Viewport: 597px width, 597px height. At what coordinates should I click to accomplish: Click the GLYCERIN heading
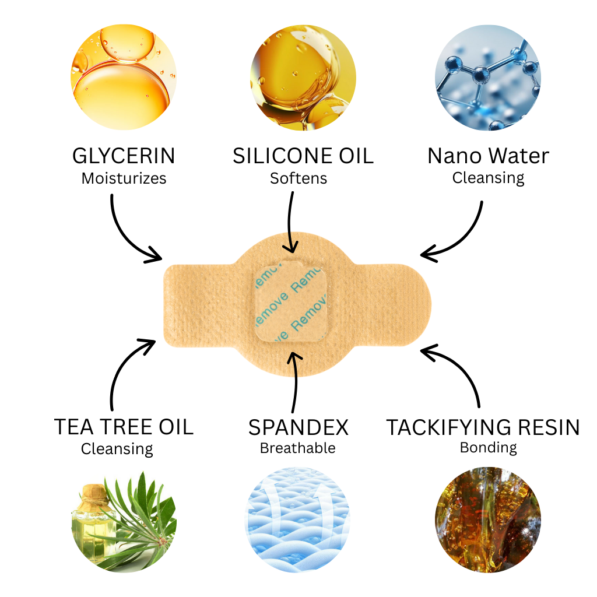pos(124,156)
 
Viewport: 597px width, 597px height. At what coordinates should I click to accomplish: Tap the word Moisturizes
pos(124,178)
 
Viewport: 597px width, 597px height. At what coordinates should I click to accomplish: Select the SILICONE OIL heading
pos(303,156)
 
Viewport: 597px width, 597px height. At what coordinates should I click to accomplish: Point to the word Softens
pos(298,178)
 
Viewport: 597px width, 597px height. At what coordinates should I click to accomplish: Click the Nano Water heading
pos(488,156)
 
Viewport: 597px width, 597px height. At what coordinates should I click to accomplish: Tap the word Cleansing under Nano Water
pos(488,178)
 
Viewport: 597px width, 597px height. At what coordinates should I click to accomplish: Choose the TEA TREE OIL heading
pos(124,427)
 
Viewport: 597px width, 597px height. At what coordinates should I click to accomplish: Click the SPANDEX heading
pos(298,427)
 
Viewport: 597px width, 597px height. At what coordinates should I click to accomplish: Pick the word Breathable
pos(298,448)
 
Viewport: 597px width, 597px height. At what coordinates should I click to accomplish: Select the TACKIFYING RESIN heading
pos(483,427)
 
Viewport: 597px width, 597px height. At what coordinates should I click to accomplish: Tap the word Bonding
pos(489,448)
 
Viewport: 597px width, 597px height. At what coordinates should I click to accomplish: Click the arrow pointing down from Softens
pos(290,223)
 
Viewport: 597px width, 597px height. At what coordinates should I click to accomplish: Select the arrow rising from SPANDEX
pos(294,381)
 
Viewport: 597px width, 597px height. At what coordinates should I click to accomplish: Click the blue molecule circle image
pos(488,78)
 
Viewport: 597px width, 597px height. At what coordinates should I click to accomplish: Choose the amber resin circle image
pos(488,520)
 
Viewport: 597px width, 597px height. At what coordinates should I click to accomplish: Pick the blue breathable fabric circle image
pos(298,520)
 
